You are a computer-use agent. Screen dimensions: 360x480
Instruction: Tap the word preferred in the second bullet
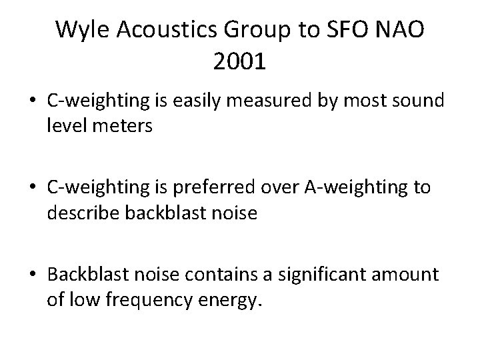point(205,188)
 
